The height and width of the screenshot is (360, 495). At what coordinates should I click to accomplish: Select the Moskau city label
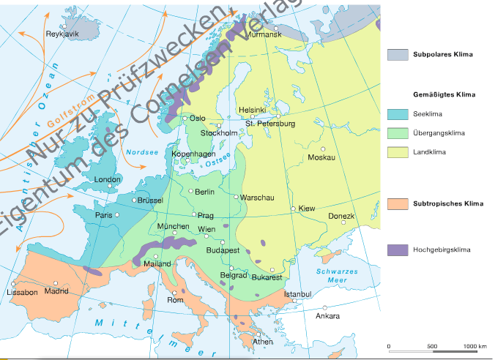tap(321, 158)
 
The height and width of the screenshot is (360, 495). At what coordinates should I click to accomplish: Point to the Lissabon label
tap(22, 293)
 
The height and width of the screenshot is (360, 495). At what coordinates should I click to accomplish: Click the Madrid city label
tap(56, 291)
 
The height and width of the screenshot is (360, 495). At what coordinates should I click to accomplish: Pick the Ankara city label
tap(327, 316)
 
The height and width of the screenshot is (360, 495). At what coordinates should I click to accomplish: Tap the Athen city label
tap(263, 342)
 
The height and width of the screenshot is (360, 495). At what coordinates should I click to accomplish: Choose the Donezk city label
tap(340, 217)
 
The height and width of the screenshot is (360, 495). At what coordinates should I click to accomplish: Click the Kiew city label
tap(306, 209)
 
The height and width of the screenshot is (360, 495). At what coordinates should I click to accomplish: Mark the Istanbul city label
tap(298, 294)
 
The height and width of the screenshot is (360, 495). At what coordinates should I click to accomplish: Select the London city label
tap(108, 179)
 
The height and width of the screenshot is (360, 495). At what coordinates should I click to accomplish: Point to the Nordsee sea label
tap(138, 152)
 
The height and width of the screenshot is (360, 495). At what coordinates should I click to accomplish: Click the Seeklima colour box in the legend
tap(398, 114)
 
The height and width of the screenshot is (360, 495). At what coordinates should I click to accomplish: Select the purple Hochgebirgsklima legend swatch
tap(398, 250)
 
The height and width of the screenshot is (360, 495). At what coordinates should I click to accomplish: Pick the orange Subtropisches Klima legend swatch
tap(398, 203)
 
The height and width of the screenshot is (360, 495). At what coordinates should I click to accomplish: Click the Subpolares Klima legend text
tap(443, 55)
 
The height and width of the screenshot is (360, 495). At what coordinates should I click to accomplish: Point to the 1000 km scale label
tap(475, 346)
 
